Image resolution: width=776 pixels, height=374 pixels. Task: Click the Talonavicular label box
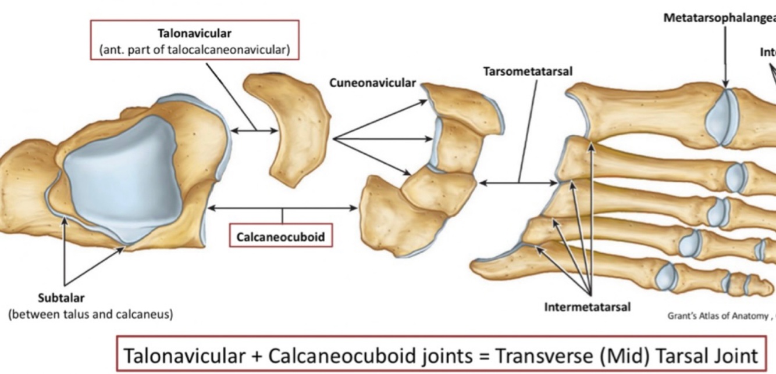coord(194,41)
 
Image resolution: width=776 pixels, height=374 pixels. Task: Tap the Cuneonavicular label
coord(372,83)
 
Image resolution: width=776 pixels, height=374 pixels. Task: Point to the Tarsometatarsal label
coord(528,71)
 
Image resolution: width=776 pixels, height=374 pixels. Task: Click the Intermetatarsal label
coord(587,307)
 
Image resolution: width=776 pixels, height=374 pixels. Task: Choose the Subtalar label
coord(61,299)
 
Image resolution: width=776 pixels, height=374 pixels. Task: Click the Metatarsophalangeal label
coord(719,17)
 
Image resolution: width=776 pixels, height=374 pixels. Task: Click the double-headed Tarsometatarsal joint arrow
coord(518,184)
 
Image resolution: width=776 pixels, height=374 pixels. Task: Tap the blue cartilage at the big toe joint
coord(721,117)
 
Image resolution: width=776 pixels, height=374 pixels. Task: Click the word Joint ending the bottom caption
coord(737,354)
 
